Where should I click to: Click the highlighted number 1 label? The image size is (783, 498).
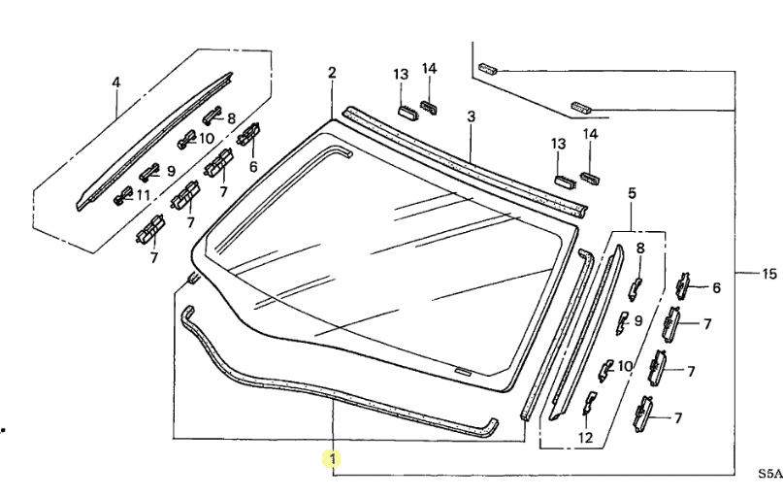[x=332, y=458]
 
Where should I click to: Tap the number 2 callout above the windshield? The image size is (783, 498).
[x=332, y=73]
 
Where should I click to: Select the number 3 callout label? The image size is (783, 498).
[x=471, y=116]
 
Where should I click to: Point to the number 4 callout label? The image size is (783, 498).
[x=115, y=82]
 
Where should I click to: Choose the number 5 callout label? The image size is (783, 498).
[x=633, y=193]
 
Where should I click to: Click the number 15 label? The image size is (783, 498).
[x=769, y=273]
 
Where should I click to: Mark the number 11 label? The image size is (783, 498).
[x=144, y=195]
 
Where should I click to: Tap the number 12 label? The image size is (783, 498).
[x=585, y=438]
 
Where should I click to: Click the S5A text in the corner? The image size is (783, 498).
[x=770, y=473]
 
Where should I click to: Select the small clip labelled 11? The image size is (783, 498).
[x=123, y=194]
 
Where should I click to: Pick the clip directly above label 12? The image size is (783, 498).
[x=589, y=402]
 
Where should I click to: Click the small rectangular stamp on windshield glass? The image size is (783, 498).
[x=463, y=371]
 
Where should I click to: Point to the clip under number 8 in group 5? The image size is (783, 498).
[x=636, y=288]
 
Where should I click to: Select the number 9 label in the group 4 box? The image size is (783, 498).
[x=171, y=171]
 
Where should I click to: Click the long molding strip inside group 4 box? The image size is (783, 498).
[x=155, y=142]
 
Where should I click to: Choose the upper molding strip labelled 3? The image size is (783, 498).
[x=465, y=162]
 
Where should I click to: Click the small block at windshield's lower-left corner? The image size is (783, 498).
[x=193, y=278]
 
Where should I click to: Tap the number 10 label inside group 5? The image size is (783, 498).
[x=625, y=366]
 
